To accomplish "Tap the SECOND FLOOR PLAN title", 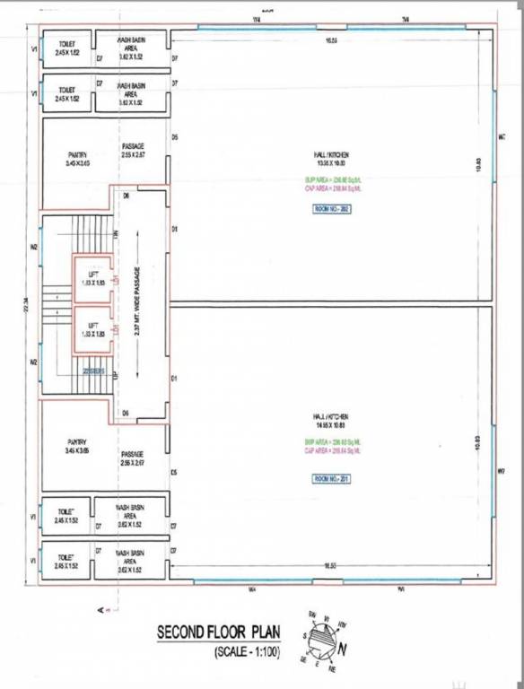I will click(x=219, y=632).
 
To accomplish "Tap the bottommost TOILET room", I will click(x=65, y=562).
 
